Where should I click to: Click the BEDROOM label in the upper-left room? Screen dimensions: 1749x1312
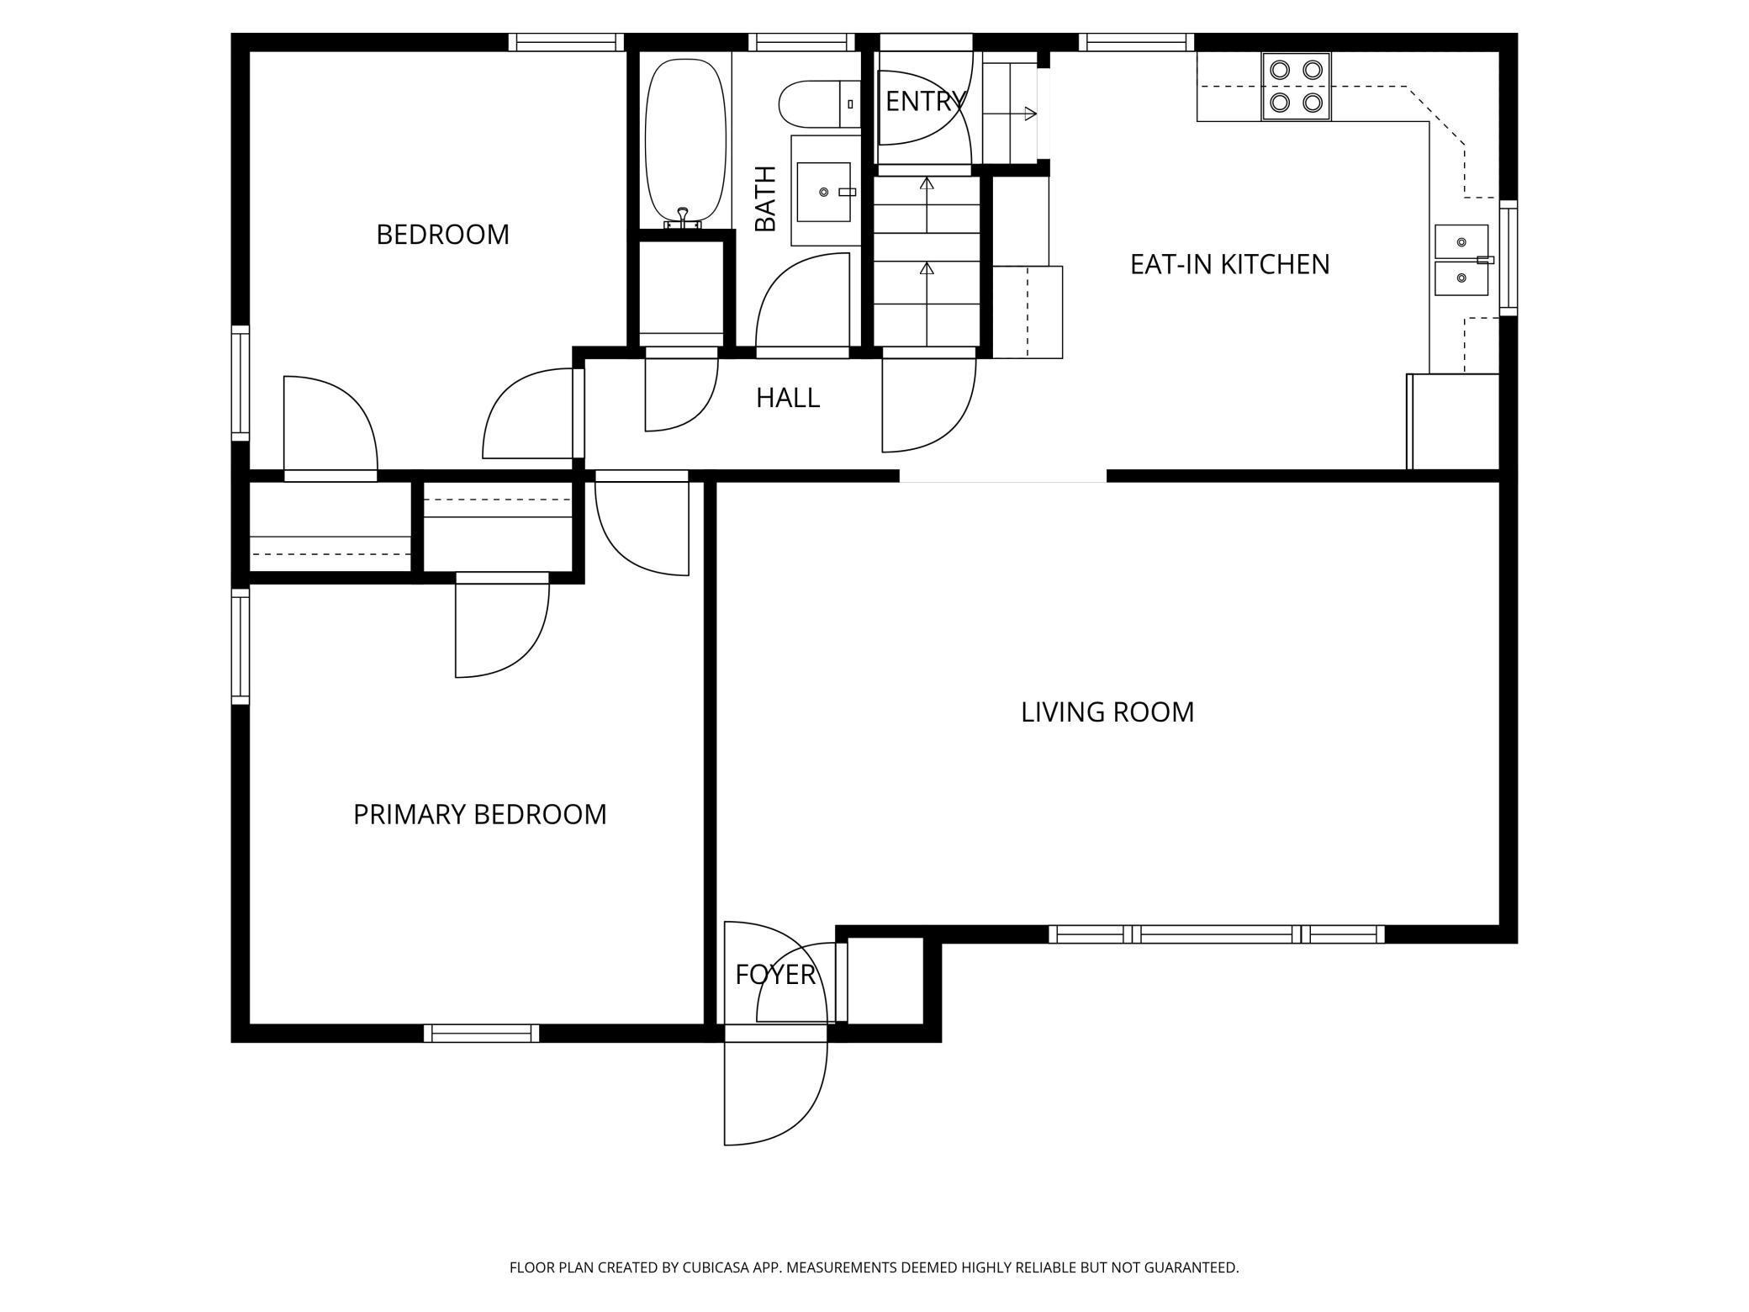[442, 235]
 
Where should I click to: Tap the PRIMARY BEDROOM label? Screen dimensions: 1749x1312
[479, 815]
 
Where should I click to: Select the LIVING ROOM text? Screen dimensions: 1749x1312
[1107, 712]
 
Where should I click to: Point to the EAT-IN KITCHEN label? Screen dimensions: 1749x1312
[1229, 265]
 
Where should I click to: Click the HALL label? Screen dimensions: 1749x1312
[788, 398]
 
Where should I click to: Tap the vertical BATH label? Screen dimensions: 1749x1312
[765, 198]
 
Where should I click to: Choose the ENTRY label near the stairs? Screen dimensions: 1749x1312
[924, 102]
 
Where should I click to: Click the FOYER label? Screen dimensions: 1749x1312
[775, 975]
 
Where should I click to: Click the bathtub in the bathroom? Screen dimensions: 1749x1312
[684, 141]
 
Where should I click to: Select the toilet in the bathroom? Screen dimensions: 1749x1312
[819, 104]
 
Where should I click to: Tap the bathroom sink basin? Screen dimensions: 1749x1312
[823, 192]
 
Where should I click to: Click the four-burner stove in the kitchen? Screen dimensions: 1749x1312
[1296, 87]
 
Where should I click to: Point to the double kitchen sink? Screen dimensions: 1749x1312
[1461, 261]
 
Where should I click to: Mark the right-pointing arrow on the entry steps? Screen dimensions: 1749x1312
[1010, 114]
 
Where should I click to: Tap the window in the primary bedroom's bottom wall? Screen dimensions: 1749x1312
[482, 1034]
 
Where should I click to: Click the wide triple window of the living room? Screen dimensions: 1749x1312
[1217, 934]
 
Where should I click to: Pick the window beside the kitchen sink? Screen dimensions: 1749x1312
[1509, 258]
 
